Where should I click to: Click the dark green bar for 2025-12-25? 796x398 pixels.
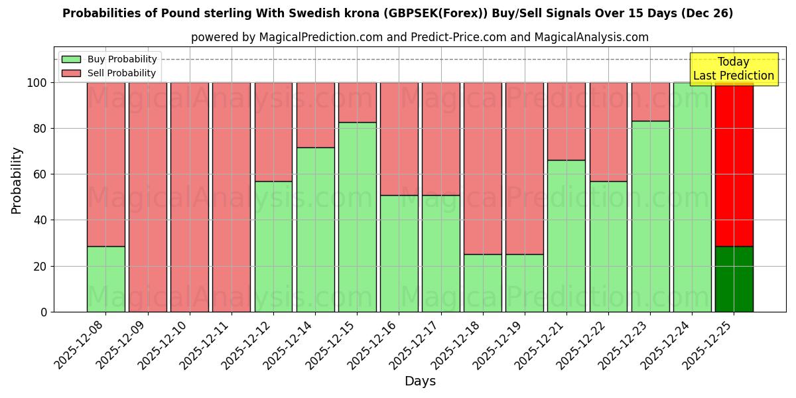(x=734, y=279)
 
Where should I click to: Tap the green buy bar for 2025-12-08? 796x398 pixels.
(x=106, y=279)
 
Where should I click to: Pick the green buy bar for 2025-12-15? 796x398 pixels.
(x=358, y=217)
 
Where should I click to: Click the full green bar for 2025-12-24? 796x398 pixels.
(x=692, y=197)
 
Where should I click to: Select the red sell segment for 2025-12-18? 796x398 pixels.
(x=483, y=168)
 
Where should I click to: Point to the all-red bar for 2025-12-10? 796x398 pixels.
(x=190, y=197)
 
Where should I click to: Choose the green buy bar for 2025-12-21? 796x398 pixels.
(x=566, y=235)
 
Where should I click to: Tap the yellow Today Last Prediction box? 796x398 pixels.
(x=733, y=69)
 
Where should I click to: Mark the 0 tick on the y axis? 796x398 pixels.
(x=44, y=312)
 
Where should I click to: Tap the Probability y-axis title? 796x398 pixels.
(x=17, y=180)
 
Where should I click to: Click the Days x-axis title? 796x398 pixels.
(x=420, y=381)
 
